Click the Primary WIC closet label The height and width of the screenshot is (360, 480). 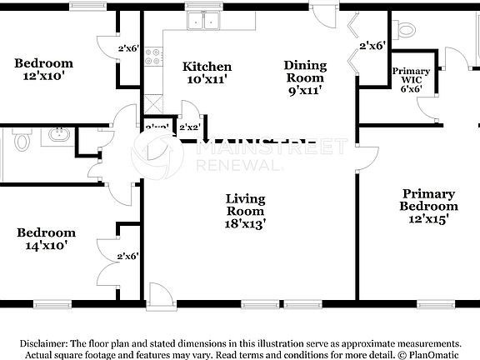point(411,79)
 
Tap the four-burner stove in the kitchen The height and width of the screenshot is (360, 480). point(153,57)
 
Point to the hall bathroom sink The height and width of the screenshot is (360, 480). point(58,133)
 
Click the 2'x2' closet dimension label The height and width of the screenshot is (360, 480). point(189,127)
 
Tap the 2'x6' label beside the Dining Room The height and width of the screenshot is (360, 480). point(372,46)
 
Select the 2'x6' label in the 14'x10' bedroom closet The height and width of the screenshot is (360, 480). point(127,256)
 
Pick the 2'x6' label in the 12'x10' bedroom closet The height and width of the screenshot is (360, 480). point(127,48)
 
